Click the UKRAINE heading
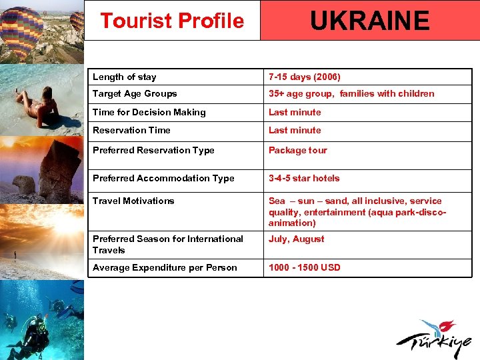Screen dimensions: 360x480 [369, 21]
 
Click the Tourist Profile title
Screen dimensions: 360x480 [172, 21]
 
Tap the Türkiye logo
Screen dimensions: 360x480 [433, 339]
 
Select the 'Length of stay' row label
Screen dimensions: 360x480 [125, 77]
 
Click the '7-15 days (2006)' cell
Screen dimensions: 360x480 [304, 77]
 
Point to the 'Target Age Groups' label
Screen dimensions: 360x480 [135, 93]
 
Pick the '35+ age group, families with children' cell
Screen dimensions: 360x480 [351, 93]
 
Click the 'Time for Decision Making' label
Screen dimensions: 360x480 [149, 112]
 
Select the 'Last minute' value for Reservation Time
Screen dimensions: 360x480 [295, 130]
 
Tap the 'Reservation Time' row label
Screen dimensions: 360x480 [131, 130]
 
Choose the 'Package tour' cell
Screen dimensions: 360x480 [297, 150]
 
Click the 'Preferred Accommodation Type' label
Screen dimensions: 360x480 [163, 178]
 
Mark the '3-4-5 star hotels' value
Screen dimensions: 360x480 [303, 178]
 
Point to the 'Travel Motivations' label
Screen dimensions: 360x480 [133, 201]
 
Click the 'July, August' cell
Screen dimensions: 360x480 [296, 239]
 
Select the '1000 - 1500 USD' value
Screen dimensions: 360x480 [304, 267]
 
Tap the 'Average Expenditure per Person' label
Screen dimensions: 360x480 [165, 267]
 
